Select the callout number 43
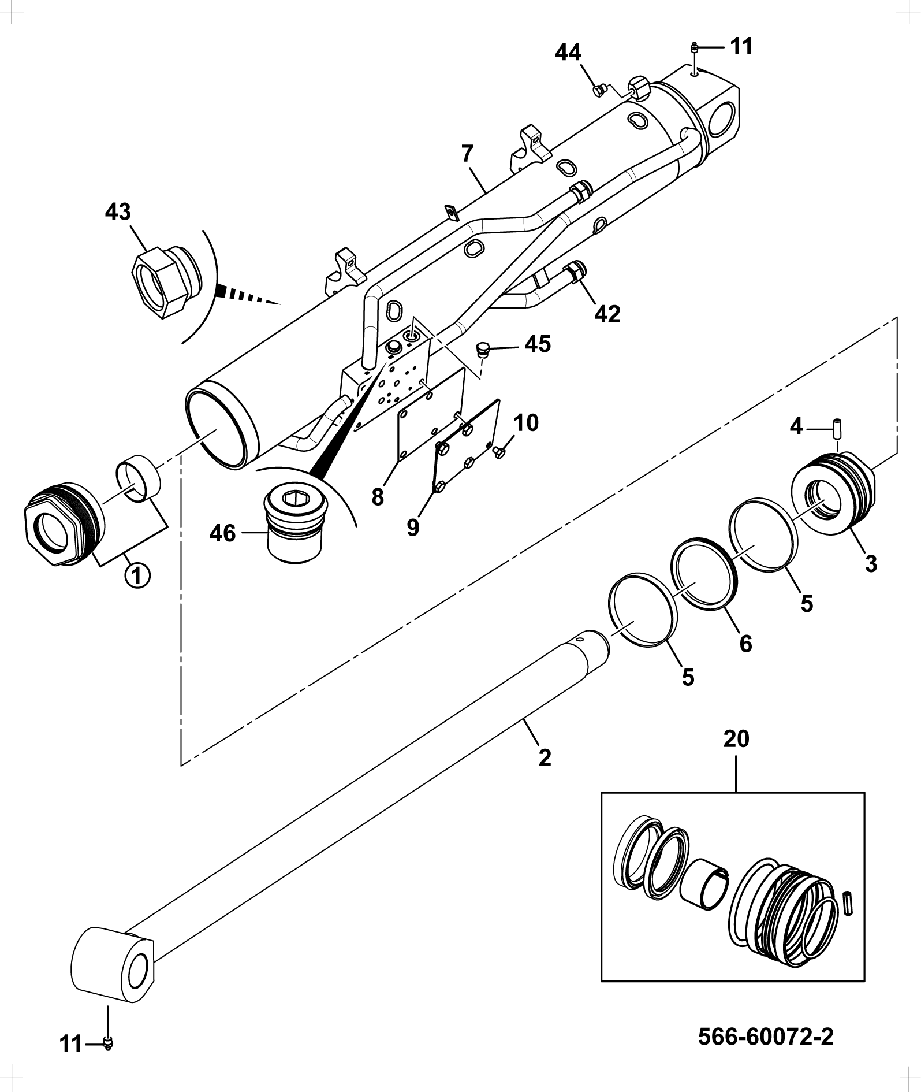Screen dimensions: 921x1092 tap(118, 212)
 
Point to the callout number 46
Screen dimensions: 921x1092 tap(222, 533)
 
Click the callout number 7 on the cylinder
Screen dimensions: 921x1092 tap(467, 154)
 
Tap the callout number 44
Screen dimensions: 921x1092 tap(568, 53)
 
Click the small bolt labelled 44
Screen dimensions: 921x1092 tap(599, 90)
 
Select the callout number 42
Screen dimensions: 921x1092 tap(607, 314)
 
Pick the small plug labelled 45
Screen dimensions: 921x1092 tap(483, 349)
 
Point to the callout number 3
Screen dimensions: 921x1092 tap(871, 563)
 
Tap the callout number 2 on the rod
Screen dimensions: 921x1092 tap(545, 758)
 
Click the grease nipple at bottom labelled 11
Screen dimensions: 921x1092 tap(107, 1042)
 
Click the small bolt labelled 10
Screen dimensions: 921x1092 tap(499, 453)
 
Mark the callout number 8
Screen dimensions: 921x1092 tap(378, 497)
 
